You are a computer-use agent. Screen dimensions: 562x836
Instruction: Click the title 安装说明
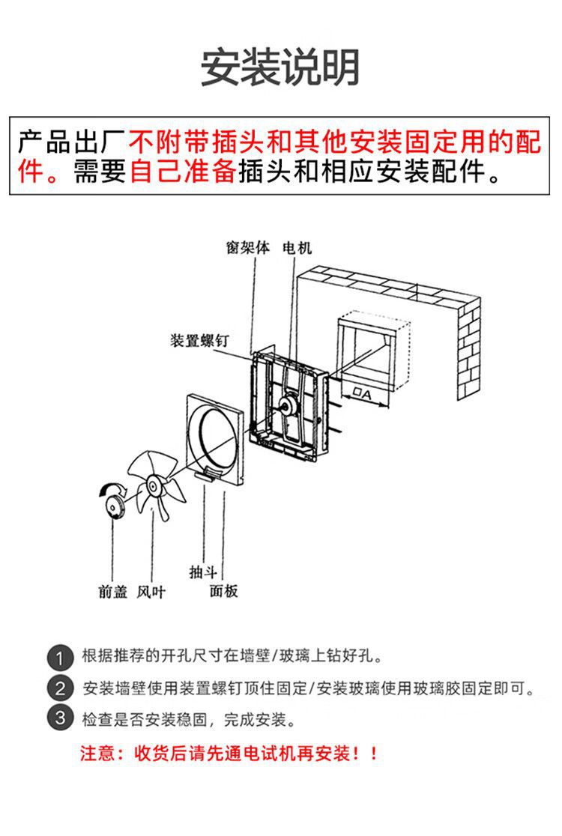(x=280, y=67)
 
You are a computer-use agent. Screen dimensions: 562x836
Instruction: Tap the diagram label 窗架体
(x=248, y=247)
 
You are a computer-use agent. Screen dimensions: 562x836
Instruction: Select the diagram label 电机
(x=297, y=247)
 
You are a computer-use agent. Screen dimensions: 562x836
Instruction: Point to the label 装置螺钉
(x=199, y=340)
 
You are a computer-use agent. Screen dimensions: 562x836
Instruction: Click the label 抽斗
(x=203, y=572)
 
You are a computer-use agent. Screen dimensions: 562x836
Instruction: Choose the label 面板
(x=223, y=591)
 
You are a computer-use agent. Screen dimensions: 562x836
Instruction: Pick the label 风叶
(x=151, y=591)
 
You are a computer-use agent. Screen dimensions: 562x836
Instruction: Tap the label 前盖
(x=113, y=591)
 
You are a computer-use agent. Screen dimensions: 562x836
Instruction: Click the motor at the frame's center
(x=288, y=405)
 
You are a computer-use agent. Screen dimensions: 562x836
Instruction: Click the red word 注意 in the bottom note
(x=97, y=754)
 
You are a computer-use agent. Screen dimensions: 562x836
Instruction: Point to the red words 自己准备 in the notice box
(x=183, y=172)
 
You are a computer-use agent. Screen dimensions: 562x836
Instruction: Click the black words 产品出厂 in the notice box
(x=73, y=142)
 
